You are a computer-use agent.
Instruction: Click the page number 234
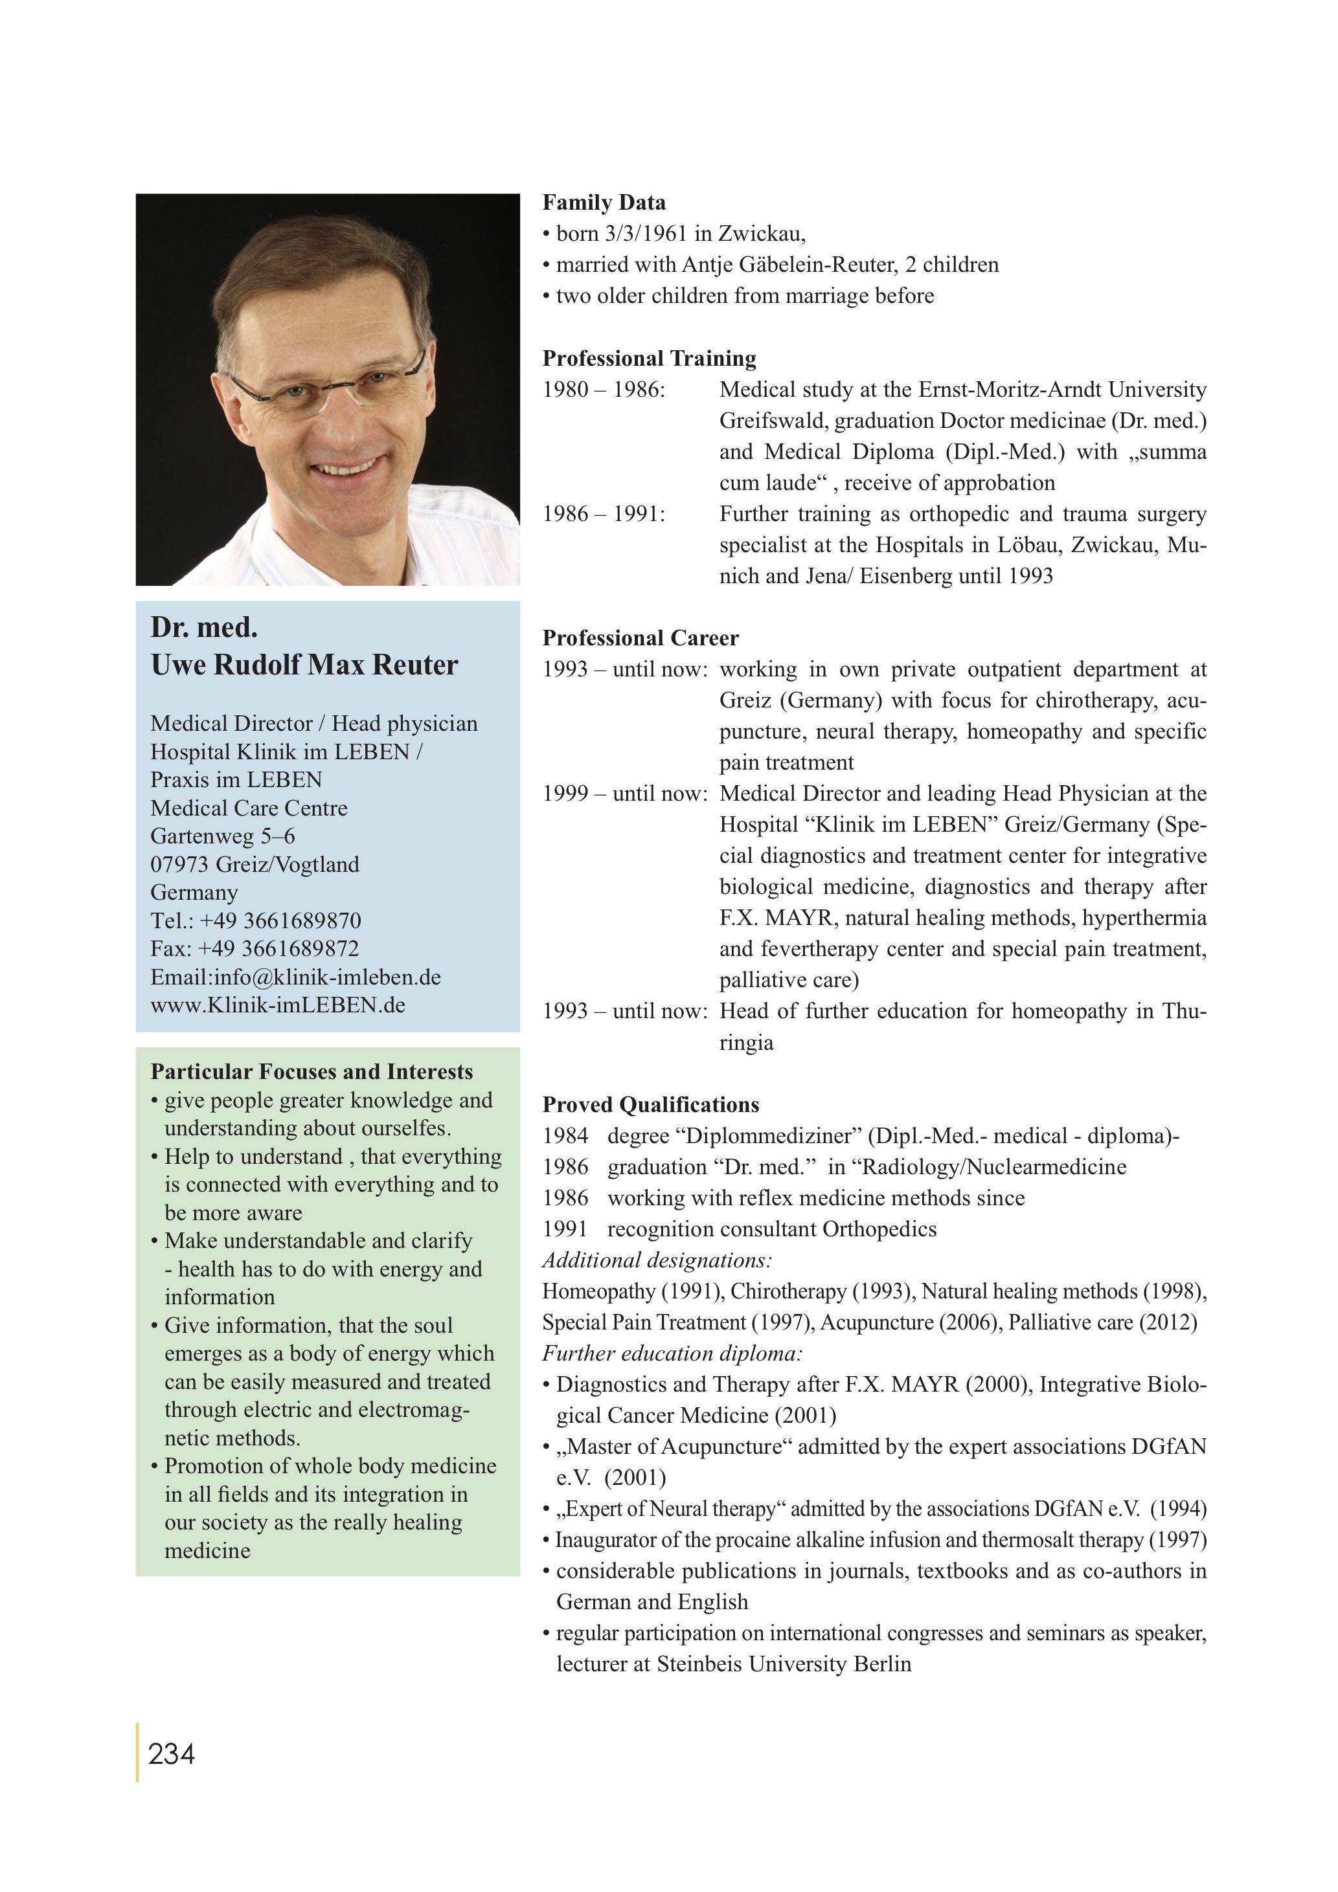click(x=172, y=1753)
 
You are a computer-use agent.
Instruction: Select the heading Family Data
click(x=604, y=203)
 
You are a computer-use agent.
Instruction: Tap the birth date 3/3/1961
click(x=646, y=234)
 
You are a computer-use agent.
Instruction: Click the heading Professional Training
click(x=649, y=359)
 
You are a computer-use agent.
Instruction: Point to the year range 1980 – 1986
click(x=603, y=390)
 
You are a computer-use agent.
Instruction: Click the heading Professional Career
click(x=640, y=638)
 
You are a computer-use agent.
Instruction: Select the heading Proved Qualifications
click(x=650, y=1104)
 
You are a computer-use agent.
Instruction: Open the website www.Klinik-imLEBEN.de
click(x=278, y=1005)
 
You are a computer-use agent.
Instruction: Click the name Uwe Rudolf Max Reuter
click(x=304, y=665)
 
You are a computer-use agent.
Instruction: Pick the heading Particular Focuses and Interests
click(x=312, y=1072)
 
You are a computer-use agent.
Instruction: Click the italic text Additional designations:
click(x=656, y=1260)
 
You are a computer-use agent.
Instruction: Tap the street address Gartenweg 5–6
click(x=223, y=836)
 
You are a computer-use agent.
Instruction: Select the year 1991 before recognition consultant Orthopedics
click(x=565, y=1229)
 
